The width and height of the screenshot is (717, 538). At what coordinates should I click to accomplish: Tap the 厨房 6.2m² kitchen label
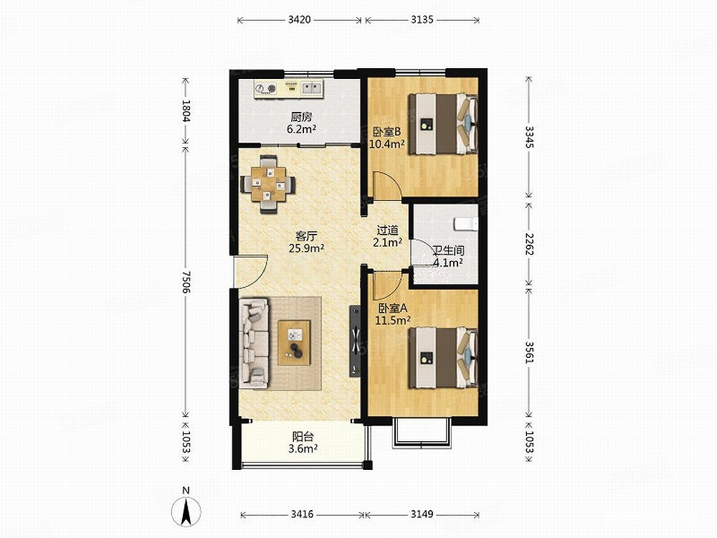tap(302, 123)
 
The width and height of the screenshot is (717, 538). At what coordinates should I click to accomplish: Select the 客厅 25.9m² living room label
tap(306, 242)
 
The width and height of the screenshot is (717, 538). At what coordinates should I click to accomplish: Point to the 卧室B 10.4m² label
tap(387, 138)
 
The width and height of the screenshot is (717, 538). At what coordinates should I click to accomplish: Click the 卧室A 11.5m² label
tap(392, 314)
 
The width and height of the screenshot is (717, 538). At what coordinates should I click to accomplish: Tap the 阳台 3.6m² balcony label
tap(303, 443)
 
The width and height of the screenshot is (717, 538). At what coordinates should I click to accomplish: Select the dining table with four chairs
tap(268, 184)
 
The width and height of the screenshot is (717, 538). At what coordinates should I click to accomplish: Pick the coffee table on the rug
tap(294, 343)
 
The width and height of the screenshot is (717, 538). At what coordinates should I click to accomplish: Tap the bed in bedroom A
tap(443, 357)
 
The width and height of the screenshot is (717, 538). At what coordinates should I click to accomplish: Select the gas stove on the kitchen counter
tap(266, 88)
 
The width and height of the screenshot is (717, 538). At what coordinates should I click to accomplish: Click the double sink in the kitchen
tap(311, 88)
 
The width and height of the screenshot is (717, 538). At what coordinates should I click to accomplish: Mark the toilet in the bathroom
tap(466, 224)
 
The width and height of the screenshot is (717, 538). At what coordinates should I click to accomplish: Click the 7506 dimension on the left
tap(185, 282)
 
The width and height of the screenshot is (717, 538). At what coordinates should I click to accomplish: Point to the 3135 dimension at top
tap(422, 19)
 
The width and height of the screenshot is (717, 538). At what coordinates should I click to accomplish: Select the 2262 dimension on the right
tap(529, 245)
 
